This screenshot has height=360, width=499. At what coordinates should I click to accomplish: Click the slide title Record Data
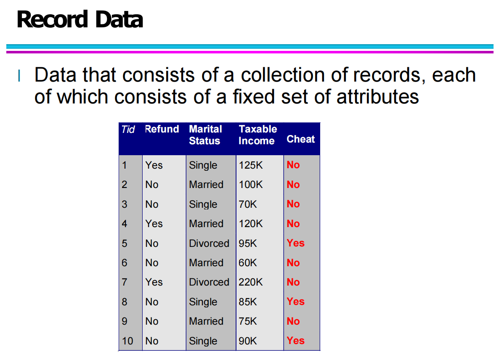tap(80, 19)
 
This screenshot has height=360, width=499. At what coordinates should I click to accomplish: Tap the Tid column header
tap(128, 130)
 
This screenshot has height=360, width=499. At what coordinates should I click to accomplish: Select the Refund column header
tap(162, 129)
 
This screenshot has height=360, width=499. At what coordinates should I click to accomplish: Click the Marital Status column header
tap(205, 135)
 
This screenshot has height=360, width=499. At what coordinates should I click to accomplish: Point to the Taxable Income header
tap(258, 135)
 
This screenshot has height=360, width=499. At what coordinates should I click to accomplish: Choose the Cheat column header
tap(301, 139)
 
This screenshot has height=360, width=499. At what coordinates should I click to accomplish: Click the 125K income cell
tap(251, 165)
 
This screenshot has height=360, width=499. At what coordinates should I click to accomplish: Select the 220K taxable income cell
tap(251, 282)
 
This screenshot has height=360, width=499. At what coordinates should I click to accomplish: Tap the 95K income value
tap(247, 243)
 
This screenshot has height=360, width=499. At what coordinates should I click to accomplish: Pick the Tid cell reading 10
tap(127, 341)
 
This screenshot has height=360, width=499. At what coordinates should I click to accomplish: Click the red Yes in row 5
tap(296, 243)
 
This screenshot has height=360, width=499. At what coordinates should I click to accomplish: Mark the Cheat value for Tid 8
tap(296, 302)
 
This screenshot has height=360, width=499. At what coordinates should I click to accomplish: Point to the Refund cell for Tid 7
tap(154, 282)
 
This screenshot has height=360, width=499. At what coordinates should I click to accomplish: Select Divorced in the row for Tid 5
tap(209, 243)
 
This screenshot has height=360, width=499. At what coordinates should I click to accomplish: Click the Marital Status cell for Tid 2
tap(206, 185)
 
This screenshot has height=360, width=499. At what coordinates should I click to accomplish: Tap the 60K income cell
tap(247, 263)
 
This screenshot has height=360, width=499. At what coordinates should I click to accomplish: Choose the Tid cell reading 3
tap(125, 204)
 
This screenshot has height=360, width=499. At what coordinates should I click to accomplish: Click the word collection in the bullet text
tap(283, 75)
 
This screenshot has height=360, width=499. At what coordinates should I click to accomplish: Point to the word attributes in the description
tap(377, 97)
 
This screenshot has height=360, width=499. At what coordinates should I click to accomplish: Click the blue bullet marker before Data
tap(19, 76)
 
